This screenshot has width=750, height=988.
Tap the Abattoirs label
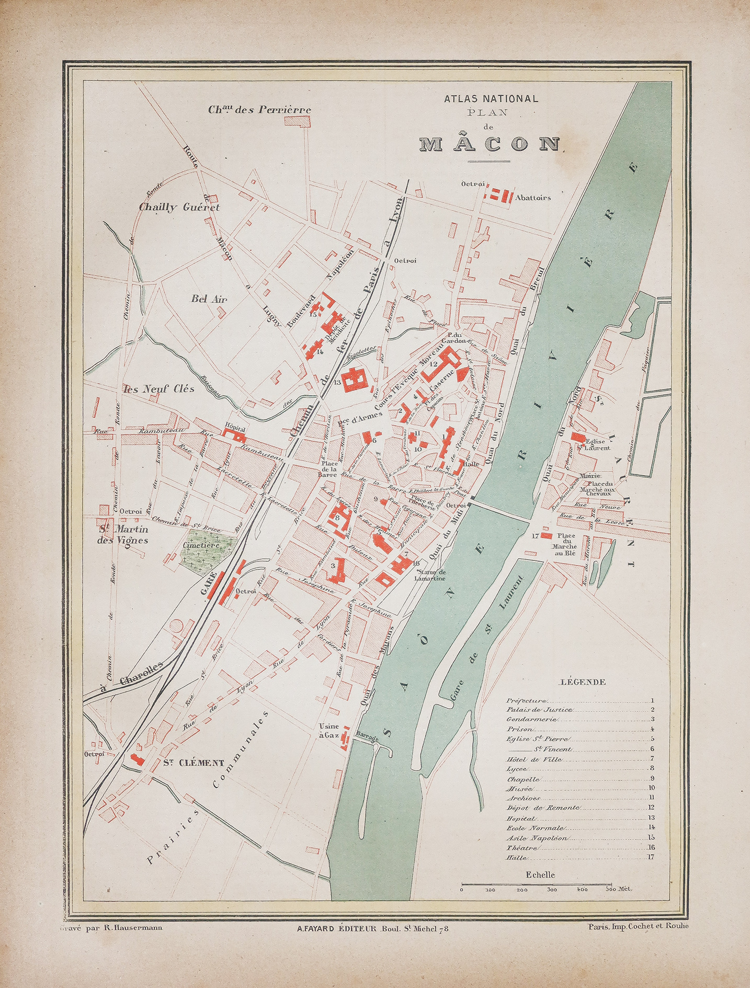(533, 198)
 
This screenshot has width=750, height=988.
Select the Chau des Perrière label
(259, 110)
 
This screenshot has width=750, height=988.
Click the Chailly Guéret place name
(179, 207)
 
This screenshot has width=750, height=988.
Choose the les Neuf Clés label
(158, 388)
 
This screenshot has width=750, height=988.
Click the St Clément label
(194, 763)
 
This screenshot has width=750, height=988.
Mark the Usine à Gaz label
(329, 731)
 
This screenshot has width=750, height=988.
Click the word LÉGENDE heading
(583, 682)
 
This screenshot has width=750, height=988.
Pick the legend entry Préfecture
(527, 700)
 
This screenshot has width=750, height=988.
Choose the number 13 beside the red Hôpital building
(338, 383)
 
